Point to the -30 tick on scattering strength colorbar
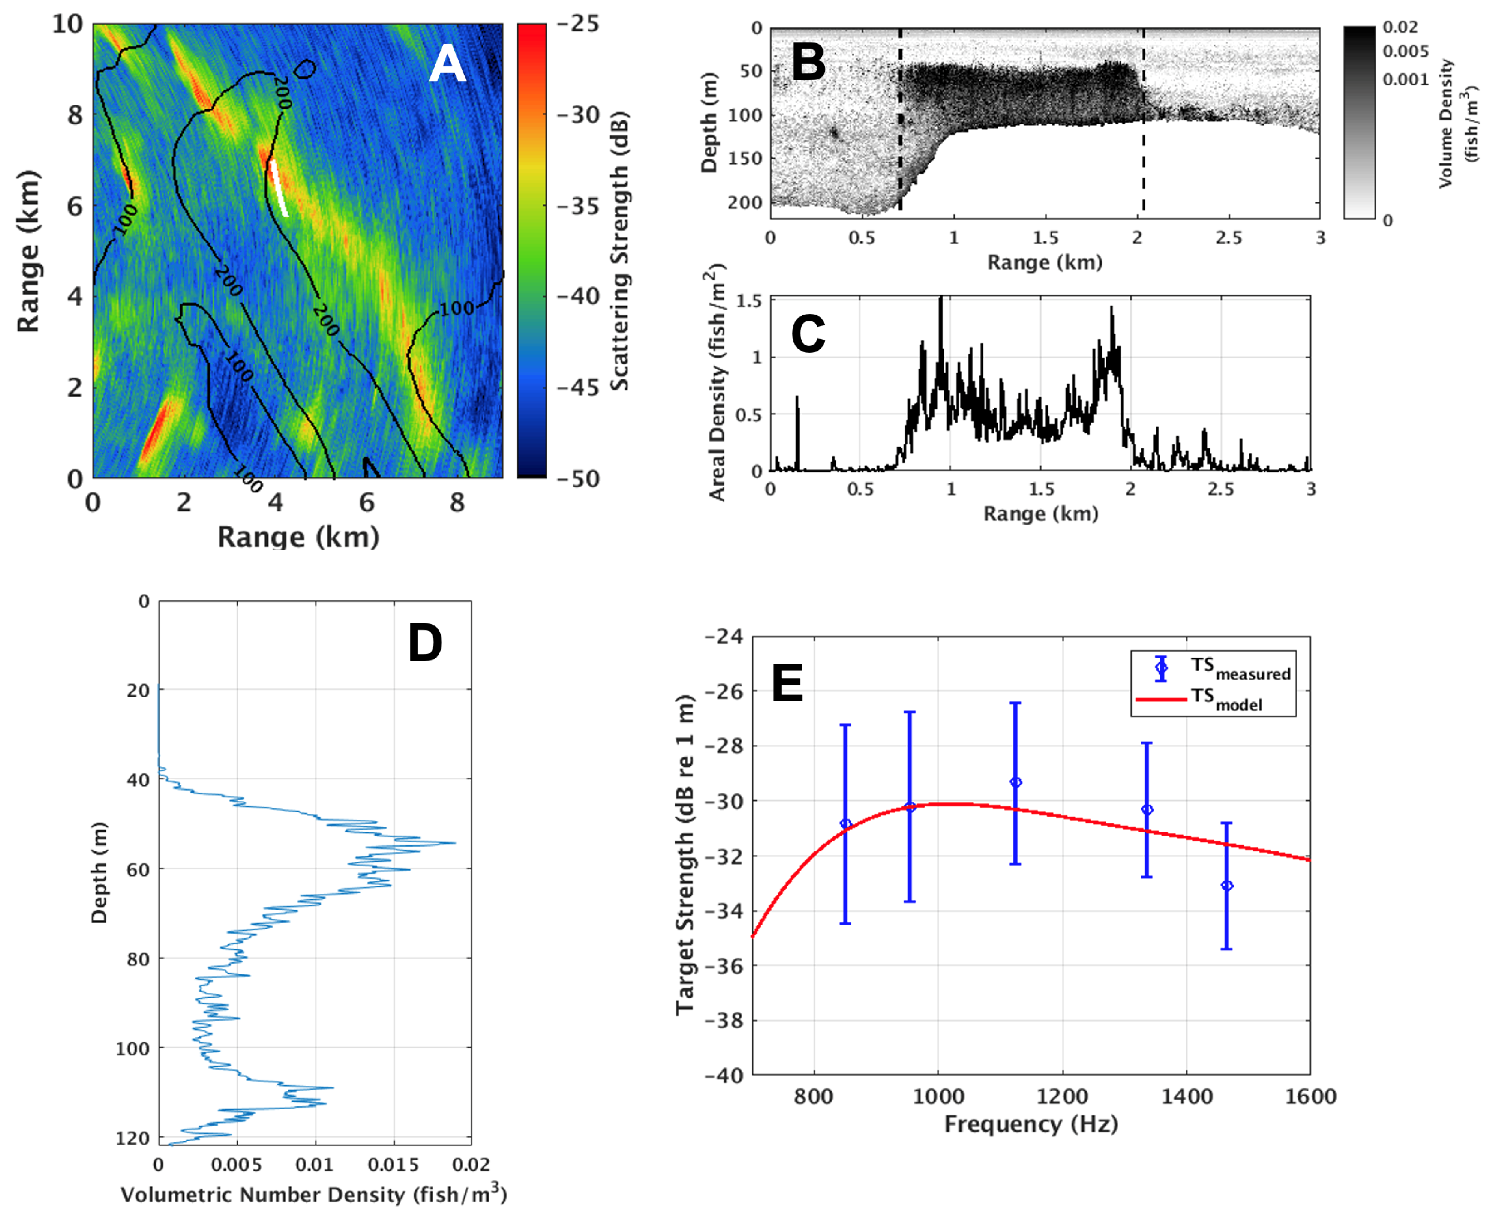(579, 114)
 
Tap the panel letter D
(425, 643)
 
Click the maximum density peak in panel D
(454, 843)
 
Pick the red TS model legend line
(1160, 699)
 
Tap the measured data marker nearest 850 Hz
(845, 824)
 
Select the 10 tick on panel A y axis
(68, 24)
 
